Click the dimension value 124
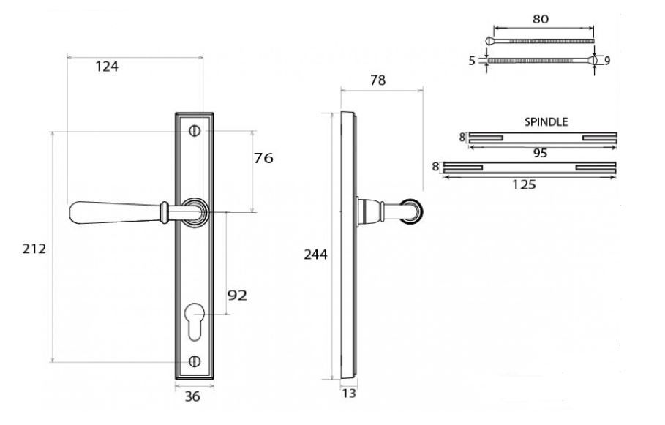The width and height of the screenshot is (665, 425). click(x=106, y=67)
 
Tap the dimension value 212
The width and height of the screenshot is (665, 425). click(x=34, y=249)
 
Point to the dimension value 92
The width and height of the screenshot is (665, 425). click(x=236, y=296)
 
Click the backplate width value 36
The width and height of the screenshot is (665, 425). click(x=192, y=397)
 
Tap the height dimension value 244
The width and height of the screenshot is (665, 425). click(x=315, y=255)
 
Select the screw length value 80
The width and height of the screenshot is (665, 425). click(x=541, y=20)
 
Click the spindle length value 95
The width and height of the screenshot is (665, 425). click(x=541, y=153)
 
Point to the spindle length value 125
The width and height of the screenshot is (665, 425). click(x=524, y=184)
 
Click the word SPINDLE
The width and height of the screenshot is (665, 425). click(x=546, y=122)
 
